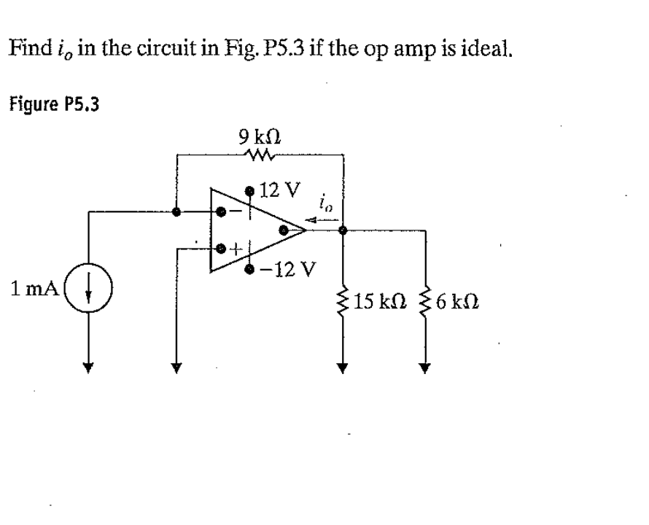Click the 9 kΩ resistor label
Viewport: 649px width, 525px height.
point(260,136)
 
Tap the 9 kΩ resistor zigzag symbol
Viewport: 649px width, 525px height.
point(260,153)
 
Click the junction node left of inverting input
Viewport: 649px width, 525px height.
point(175,212)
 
